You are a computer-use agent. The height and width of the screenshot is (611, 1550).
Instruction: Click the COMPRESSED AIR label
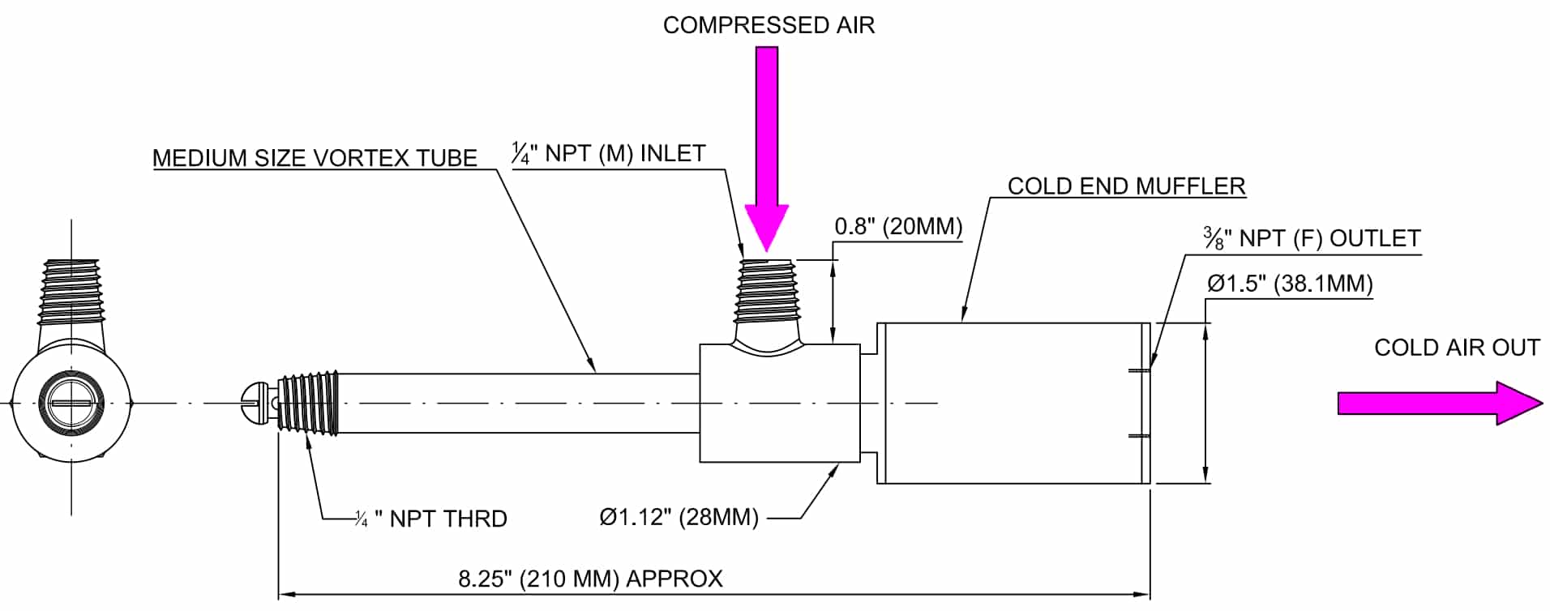click(769, 25)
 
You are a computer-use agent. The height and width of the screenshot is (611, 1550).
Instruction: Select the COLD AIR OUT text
click(1457, 348)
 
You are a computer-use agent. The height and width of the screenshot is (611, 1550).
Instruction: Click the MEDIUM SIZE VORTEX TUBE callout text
click(315, 158)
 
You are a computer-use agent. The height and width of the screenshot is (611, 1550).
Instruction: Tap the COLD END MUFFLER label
click(1126, 186)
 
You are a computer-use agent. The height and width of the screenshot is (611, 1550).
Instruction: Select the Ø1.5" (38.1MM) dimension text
click(1290, 284)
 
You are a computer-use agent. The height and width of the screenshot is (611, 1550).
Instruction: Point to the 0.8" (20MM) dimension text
click(898, 226)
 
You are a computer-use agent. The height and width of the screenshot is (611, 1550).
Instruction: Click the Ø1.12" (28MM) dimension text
click(679, 517)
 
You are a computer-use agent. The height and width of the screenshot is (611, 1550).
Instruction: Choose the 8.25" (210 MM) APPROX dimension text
click(590, 579)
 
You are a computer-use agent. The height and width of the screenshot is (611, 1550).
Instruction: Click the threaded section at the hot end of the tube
click(308, 404)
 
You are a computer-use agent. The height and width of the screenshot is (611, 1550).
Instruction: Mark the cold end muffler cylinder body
click(1013, 403)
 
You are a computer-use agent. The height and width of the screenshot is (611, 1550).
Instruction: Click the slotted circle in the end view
click(72, 403)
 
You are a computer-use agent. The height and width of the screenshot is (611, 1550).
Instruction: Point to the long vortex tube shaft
click(519, 403)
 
